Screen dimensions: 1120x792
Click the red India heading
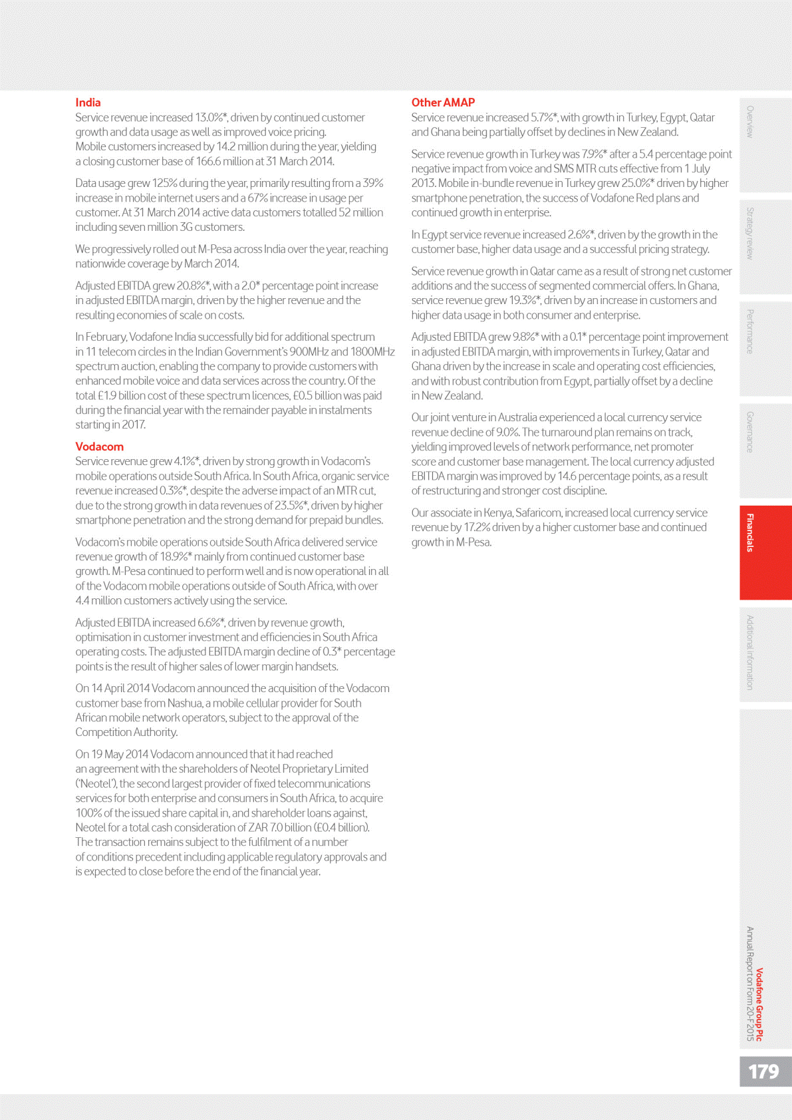click(88, 102)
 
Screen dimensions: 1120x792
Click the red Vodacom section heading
click(99, 447)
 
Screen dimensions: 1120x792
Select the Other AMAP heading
click(443, 102)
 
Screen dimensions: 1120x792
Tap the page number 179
click(763, 1071)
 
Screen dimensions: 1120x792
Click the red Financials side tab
click(751, 532)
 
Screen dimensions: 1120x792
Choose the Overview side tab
click(751, 122)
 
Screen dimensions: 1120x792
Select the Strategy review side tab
click(751, 233)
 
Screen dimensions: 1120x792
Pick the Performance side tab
click(751, 331)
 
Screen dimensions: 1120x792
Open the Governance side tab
click(751, 433)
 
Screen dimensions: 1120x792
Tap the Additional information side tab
click(751, 652)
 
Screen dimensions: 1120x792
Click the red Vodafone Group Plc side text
click(760, 1004)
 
